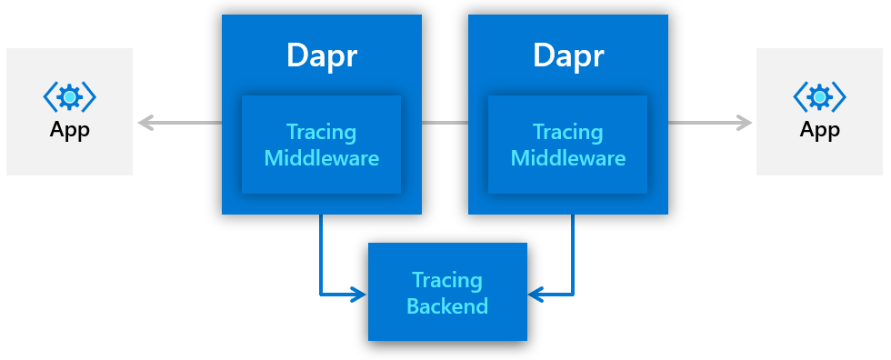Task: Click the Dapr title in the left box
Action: [x=321, y=55]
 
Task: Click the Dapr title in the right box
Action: [x=568, y=55]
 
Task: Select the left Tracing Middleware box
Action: [x=321, y=145]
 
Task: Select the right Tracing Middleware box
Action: [x=568, y=145]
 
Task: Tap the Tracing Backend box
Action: [x=447, y=292]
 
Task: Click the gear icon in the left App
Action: [x=70, y=96]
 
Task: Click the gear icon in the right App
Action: [x=820, y=96]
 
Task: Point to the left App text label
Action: [x=70, y=129]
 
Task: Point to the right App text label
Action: [x=820, y=129]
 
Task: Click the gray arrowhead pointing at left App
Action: [x=144, y=122]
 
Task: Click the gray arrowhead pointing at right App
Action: [x=746, y=122]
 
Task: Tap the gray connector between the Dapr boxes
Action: [x=445, y=122]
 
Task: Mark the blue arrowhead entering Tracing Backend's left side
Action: [x=358, y=294]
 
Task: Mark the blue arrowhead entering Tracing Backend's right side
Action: [x=536, y=294]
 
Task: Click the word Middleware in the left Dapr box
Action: [x=321, y=158]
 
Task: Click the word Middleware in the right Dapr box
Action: [x=568, y=158]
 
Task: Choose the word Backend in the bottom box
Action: [x=447, y=305]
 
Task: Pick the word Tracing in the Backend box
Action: [x=447, y=279]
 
